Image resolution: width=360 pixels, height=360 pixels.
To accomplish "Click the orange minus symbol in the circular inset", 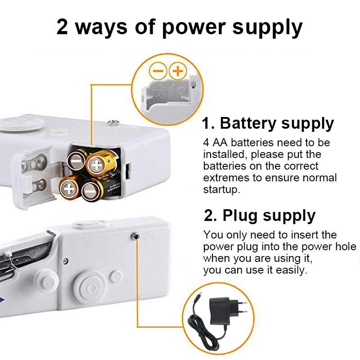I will [x=158, y=71].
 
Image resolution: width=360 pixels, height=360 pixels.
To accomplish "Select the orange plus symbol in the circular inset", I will [x=178, y=71].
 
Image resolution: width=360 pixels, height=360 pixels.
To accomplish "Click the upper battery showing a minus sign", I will [x=77, y=160].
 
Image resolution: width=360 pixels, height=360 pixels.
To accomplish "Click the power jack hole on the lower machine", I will [x=135, y=235].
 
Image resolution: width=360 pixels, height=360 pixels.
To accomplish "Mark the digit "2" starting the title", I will [x=63, y=27].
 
